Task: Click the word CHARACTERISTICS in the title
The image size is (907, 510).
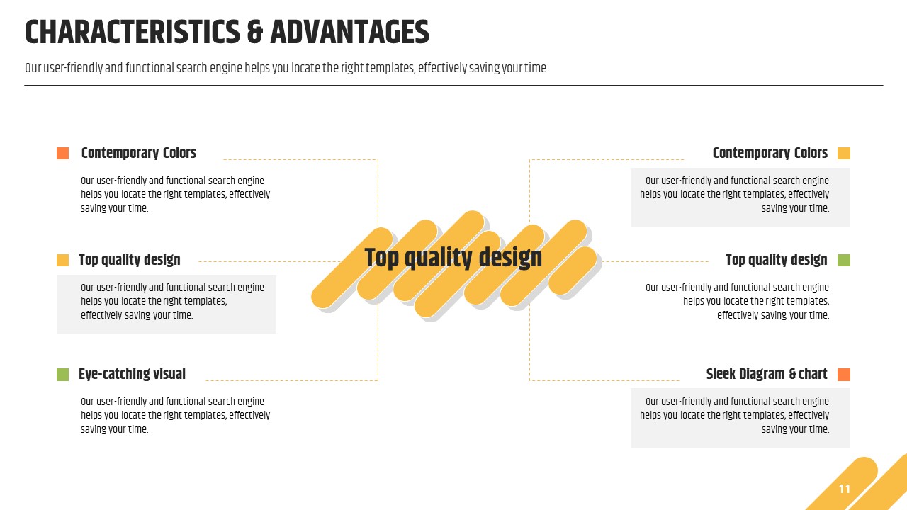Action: coord(133,33)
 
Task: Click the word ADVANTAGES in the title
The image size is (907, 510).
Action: coord(349,33)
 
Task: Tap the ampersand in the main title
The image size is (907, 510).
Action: coord(254,33)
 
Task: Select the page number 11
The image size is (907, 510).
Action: coord(844,489)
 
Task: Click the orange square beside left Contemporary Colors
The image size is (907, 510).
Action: coord(63,154)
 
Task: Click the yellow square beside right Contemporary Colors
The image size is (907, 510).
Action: coord(844,154)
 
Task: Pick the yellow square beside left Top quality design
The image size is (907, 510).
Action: coord(63,260)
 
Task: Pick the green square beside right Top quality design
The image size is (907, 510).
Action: coord(844,260)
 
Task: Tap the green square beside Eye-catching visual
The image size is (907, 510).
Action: coord(63,375)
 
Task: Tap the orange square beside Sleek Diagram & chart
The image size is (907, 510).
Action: coord(844,375)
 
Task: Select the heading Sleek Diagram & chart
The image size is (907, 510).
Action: coord(767,374)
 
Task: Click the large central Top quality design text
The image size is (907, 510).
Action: coord(453,259)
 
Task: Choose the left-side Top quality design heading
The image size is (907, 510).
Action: coord(129,260)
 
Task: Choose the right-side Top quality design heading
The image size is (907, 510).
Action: coord(776,260)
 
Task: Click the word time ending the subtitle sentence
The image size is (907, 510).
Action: coord(536,68)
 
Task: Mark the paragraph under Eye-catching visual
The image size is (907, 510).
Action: coord(175,415)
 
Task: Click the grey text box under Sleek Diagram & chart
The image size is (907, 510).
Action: coord(740,418)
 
